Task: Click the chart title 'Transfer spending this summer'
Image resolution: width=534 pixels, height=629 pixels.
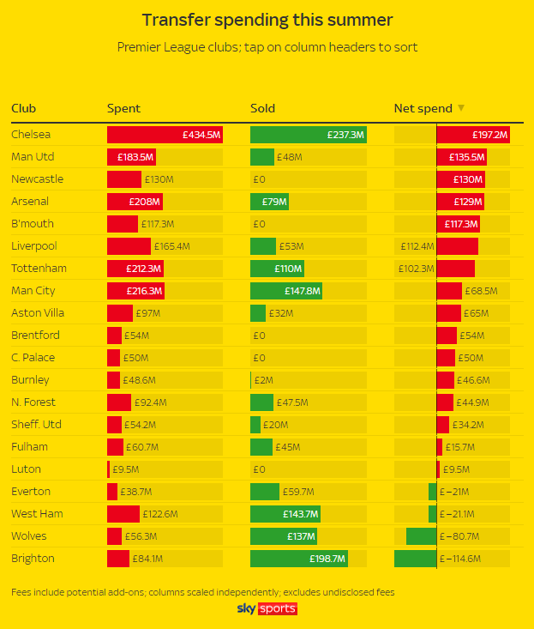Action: tap(267, 20)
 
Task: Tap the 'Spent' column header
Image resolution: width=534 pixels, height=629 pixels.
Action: tap(123, 108)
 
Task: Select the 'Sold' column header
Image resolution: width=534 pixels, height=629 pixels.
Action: tap(262, 108)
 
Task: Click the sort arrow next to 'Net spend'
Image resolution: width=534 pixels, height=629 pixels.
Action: tap(461, 108)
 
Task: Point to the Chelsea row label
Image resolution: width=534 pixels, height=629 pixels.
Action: tap(31, 135)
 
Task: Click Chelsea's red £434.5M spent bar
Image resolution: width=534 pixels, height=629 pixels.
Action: tap(165, 135)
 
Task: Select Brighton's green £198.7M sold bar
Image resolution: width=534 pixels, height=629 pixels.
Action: tap(298, 559)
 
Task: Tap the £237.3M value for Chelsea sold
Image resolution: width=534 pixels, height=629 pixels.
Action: tap(345, 135)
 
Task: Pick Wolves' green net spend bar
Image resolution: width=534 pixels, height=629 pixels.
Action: tap(421, 536)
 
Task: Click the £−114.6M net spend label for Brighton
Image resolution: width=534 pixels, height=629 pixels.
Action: tap(460, 559)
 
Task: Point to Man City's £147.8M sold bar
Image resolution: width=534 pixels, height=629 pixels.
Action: tap(285, 291)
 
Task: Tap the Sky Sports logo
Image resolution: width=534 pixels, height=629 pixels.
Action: tap(267, 609)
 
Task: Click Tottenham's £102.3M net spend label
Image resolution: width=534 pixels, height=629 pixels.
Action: tap(416, 269)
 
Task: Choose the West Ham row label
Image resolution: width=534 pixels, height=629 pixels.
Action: tap(37, 514)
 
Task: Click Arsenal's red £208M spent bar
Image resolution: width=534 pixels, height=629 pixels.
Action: tap(135, 202)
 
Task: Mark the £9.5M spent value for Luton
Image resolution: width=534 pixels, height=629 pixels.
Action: tap(125, 469)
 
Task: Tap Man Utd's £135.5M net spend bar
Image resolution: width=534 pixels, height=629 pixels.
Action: tap(462, 157)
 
